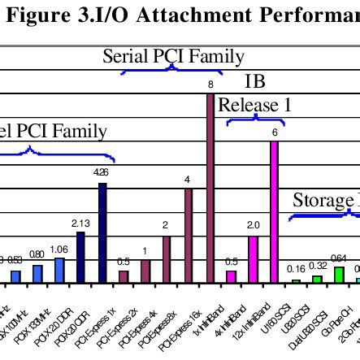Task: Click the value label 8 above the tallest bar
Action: [x=210, y=85]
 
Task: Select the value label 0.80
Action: [x=37, y=255]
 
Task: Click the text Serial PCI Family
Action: [x=173, y=57]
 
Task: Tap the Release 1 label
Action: [x=254, y=106]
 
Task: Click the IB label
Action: [x=254, y=83]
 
